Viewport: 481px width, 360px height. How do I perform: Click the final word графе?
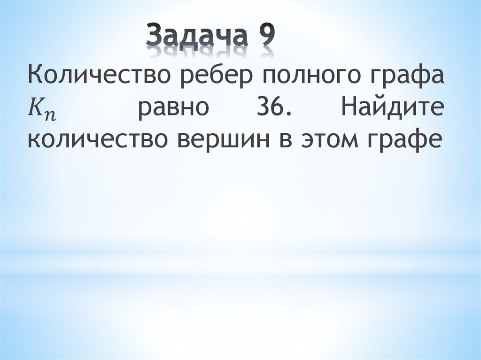click(410, 141)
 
